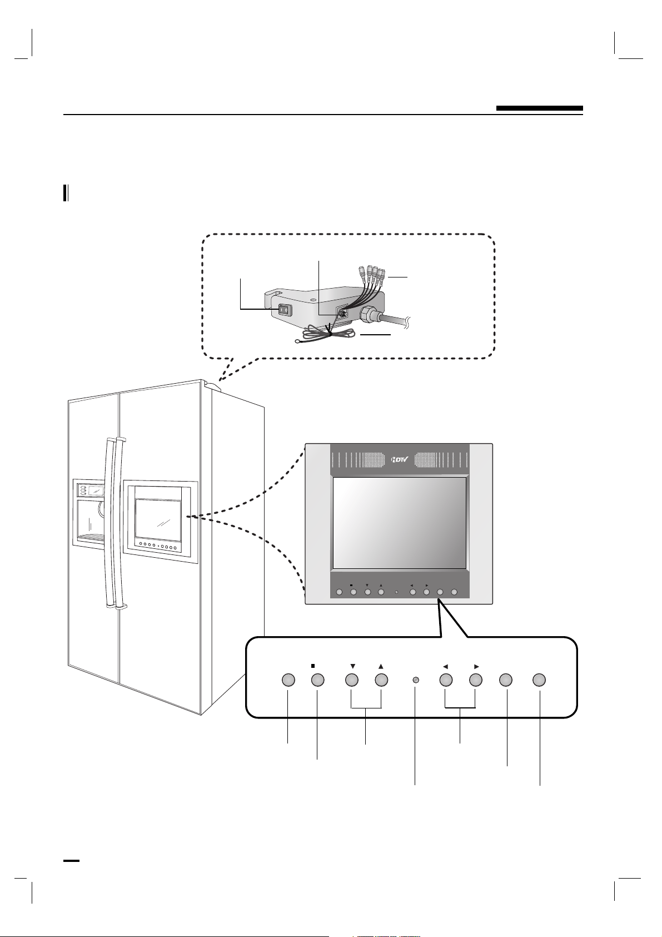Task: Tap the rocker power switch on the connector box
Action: pos(285,310)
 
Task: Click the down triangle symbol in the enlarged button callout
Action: pos(352,666)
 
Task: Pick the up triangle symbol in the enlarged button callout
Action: pos(381,666)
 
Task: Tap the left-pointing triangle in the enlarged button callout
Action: pos(446,666)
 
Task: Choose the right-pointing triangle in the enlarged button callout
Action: pos(476,666)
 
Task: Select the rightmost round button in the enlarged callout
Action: pos(539,680)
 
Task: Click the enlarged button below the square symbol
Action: pos(317,680)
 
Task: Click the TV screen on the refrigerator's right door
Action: pos(158,519)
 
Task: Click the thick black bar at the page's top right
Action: pos(540,108)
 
